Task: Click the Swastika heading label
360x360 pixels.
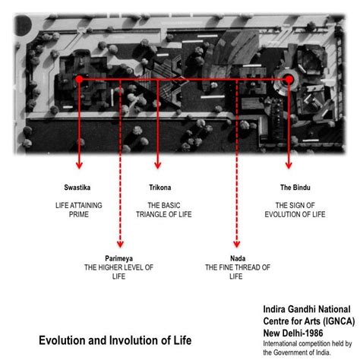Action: (77, 188)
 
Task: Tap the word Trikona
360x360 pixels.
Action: (160, 188)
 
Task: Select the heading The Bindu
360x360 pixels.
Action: (295, 188)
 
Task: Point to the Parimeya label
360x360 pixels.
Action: (118, 258)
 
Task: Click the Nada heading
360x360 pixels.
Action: (238, 258)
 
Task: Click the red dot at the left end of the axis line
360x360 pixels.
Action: (79, 79)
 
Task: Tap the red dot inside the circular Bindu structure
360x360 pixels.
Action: (289, 80)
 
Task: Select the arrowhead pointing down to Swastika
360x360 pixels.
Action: (79, 166)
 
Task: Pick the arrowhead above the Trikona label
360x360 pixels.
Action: (158, 166)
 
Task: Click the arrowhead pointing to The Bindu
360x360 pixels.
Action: (289, 166)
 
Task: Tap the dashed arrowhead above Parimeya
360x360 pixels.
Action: (120, 245)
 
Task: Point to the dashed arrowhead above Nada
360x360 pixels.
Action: (237, 245)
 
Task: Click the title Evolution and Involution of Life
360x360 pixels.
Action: (115, 340)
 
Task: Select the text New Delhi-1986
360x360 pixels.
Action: (293, 333)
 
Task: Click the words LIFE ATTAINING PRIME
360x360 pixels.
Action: (79, 210)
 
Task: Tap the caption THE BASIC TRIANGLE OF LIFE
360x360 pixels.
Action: (164, 210)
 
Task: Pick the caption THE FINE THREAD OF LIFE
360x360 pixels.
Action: (238, 272)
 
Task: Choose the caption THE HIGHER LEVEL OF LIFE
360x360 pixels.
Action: (118, 272)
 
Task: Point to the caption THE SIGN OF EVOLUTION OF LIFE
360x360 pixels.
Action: (295, 210)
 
